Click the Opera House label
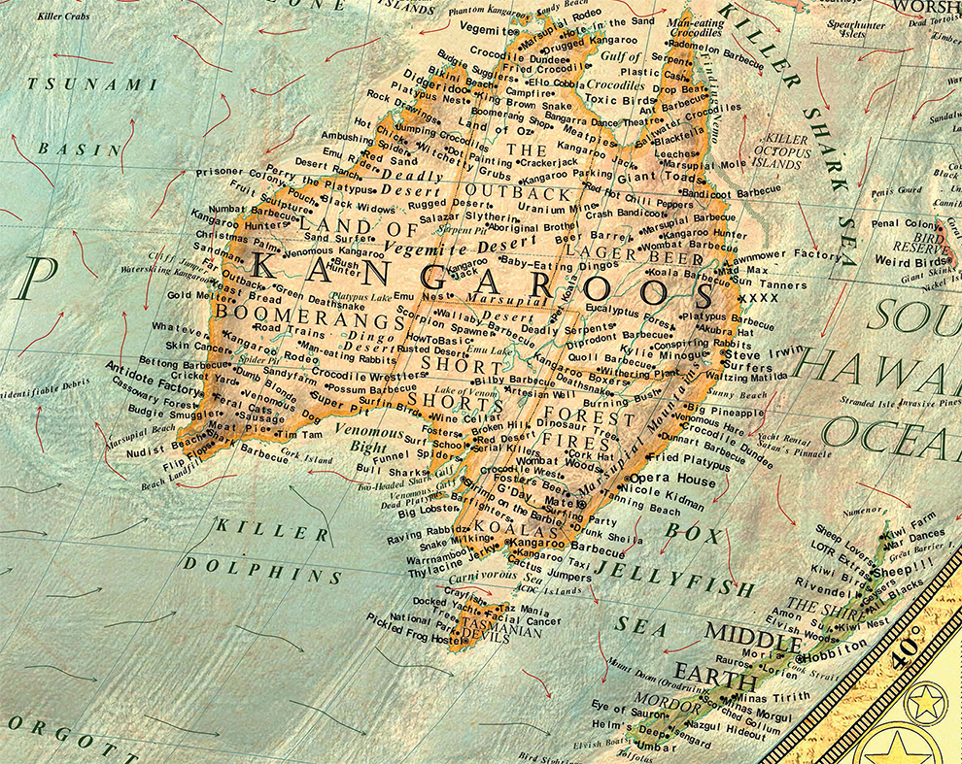click(x=672, y=480)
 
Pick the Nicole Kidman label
click(x=681, y=493)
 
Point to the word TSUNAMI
click(x=92, y=84)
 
